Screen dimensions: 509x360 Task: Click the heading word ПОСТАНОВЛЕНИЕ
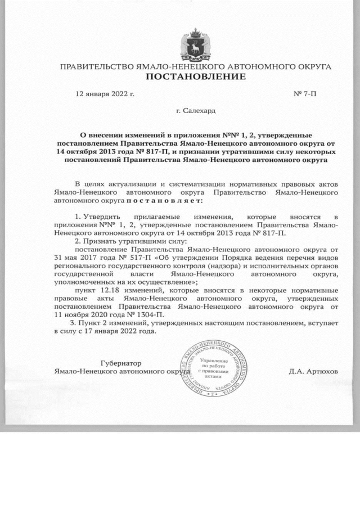click(x=196, y=76)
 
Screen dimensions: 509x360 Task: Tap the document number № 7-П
click(x=305, y=94)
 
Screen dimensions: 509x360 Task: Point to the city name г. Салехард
click(x=195, y=111)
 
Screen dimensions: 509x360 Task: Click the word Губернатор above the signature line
click(x=120, y=363)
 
